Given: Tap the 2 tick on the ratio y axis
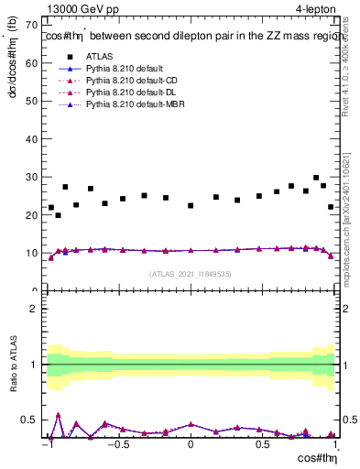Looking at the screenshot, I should (x=38, y=309).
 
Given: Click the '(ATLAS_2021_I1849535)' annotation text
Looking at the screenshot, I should (x=190, y=274).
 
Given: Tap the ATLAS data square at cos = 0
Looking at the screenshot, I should (x=191, y=205).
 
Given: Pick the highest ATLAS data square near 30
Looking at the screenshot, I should (x=316, y=178).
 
